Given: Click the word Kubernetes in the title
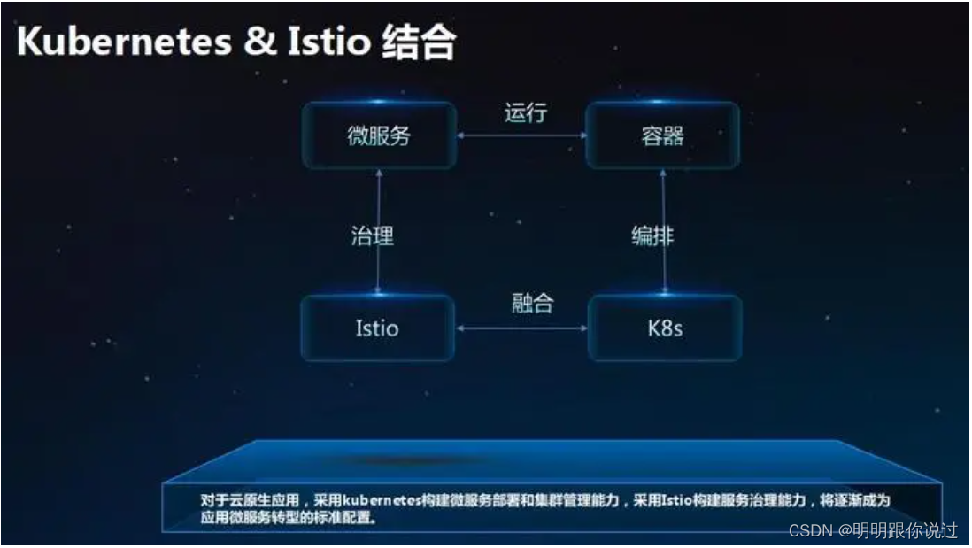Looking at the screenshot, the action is [124, 42].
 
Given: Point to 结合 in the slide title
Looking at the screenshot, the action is [419, 42].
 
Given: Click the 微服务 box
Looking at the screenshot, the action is [380, 135].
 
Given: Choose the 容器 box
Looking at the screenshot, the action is [663, 135].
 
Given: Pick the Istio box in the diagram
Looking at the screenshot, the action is [377, 328].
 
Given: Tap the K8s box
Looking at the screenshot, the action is [665, 328].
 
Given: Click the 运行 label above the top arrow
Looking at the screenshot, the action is [526, 112].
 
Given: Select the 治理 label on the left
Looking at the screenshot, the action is [372, 236].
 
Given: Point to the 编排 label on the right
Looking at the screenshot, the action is [652, 235].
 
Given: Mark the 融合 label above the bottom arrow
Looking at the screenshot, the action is [533, 303].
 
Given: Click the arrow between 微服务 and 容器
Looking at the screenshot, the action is [521, 135].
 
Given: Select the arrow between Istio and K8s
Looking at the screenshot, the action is [521, 328].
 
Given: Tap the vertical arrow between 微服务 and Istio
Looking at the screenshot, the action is [379, 232].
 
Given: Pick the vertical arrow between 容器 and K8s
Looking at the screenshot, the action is [664, 232].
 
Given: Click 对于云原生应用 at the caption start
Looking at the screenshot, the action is [250, 500].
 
